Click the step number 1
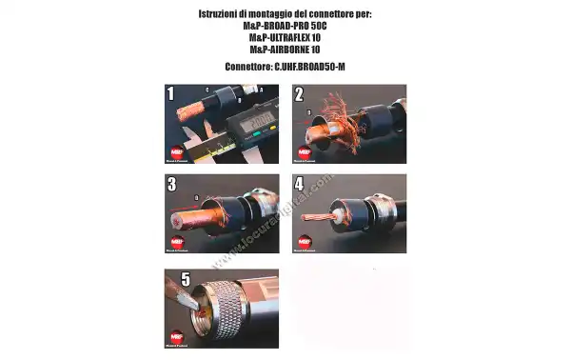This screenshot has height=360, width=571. pos(171,94)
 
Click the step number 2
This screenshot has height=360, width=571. pos(299,94)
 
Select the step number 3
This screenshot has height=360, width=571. pos(171,184)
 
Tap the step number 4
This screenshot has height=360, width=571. pos(299,184)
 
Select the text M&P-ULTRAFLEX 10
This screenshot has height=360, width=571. pos(285,37)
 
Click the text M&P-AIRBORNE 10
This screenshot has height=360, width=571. pos(285,49)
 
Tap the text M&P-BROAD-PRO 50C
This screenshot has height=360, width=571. pos(285,27)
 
